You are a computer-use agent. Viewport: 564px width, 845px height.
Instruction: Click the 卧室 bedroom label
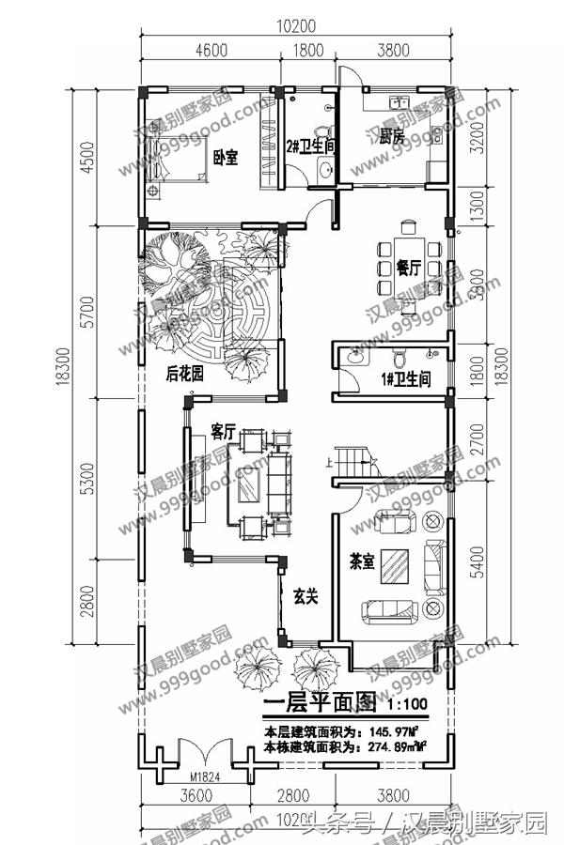pos(225,157)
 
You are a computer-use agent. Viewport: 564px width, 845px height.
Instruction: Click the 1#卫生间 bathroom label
pos(404,379)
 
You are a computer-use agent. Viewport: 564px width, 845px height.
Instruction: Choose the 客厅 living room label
pos(223,433)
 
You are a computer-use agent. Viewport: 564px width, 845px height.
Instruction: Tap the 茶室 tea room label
pos(363,561)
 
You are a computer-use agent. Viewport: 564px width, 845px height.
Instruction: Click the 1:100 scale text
pos(405,702)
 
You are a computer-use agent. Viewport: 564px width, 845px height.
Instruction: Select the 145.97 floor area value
pos(394,730)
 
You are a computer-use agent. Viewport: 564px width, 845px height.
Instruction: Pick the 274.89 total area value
pos(394,746)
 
